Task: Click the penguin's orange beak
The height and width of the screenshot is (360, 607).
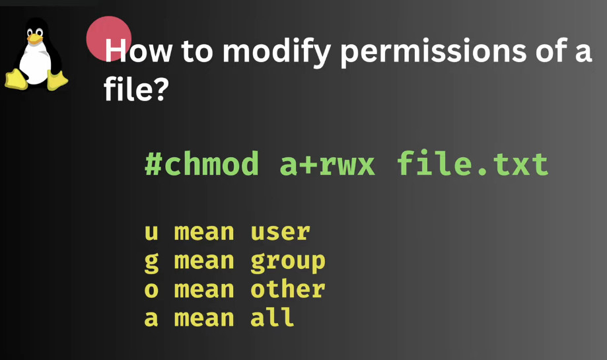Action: click(x=35, y=38)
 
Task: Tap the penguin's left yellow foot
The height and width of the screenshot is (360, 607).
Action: click(x=16, y=79)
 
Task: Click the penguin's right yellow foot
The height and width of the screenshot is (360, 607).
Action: click(x=57, y=80)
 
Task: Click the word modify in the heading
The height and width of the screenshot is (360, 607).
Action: click(x=276, y=52)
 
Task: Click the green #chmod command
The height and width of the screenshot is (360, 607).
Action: click(x=201, y=164)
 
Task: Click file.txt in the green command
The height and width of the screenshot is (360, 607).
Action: click(x=473, y=163)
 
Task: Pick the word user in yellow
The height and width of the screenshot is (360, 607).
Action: click(x=280, y=233)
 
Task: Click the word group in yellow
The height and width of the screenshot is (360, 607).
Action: click(x=288, y=262)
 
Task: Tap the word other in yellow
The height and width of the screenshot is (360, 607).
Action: click(x=287, y=289)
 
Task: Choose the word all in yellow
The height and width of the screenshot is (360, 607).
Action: click(x=272, y=318)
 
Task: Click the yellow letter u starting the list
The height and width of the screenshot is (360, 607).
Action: click(x=151, y=233)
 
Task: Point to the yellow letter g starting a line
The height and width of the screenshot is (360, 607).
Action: click(x=151, y=263)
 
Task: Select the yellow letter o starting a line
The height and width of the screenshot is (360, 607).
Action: click(x=151, y=291)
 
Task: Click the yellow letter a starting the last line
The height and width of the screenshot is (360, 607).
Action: click(x=151, y=319)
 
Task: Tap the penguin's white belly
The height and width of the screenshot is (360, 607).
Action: click(x=36, y=63)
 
